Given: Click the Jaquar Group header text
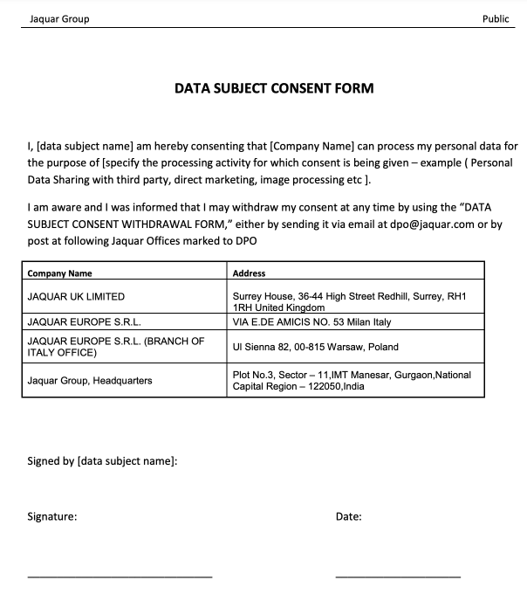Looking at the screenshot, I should click(59, 19).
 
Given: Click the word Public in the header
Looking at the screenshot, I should click(496, 19).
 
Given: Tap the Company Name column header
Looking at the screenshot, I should click(60, 273).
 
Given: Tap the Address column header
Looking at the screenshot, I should click(250, 273).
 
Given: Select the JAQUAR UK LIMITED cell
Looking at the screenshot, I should click(77, 296).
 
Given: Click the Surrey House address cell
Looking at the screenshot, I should click(349, 301).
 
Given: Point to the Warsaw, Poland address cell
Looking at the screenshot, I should click(315, 347).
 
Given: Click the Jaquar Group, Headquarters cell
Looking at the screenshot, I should click(90, 380).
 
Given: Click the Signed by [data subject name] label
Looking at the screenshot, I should click(103, 460).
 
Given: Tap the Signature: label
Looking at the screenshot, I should click(52, 516).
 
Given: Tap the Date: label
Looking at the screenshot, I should click(348, 516).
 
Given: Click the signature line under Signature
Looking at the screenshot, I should click(120, 577).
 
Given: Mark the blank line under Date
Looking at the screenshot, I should click(398, 577).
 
